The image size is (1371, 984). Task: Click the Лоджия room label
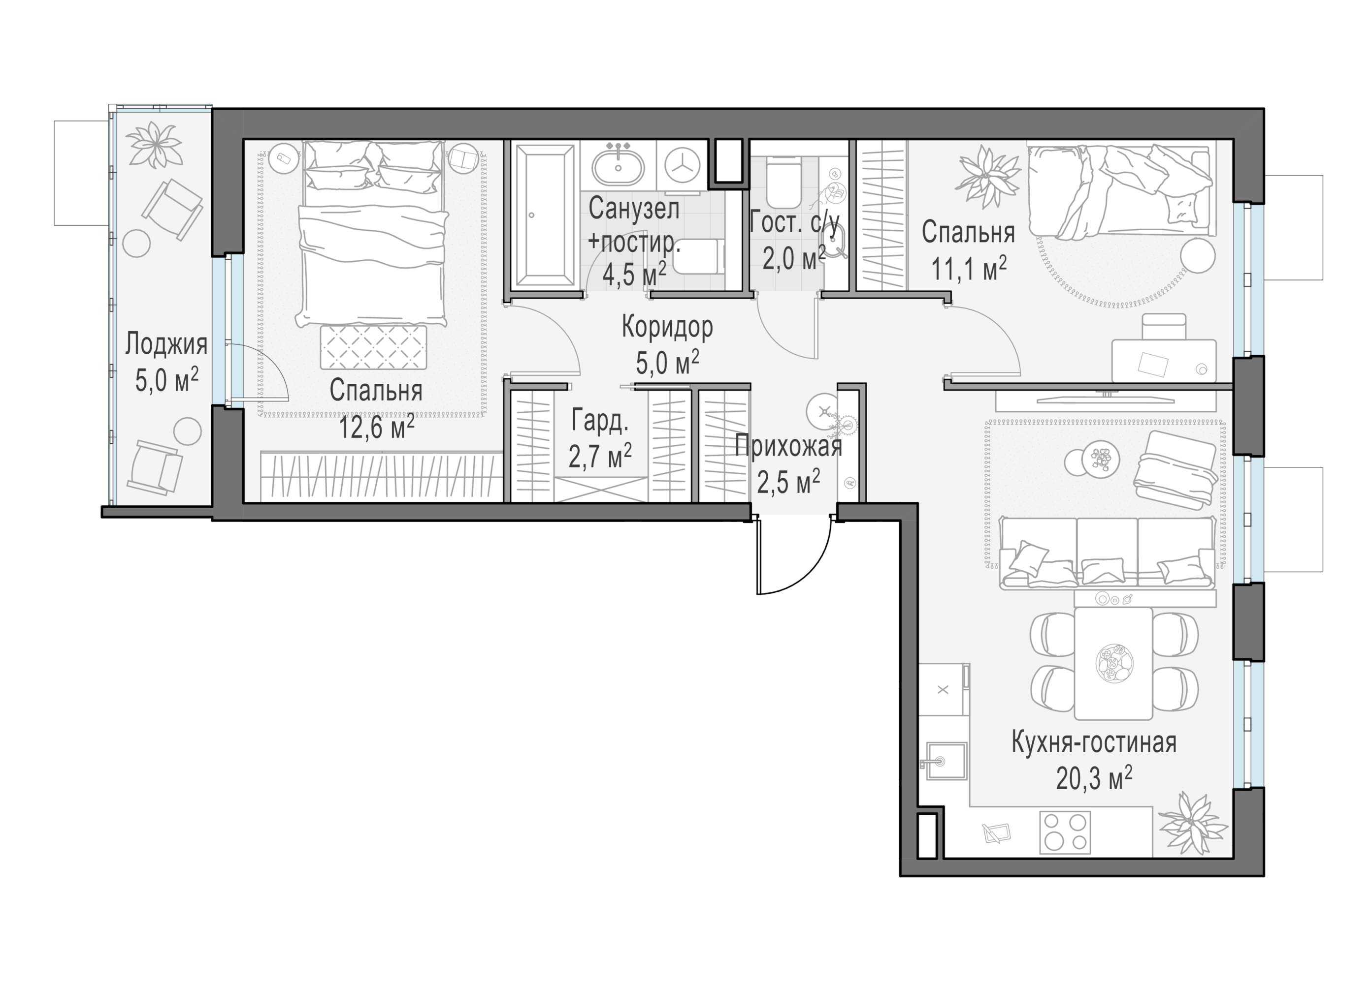(166, 344)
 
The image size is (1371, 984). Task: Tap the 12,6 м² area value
(376, 428)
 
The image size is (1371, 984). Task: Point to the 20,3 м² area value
(1094, 778)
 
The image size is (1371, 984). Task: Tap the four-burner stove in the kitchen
(1065, 832)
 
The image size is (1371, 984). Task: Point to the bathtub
(544, 215)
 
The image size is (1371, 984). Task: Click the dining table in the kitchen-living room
(1113, 663)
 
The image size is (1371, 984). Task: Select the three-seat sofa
(1106, 552)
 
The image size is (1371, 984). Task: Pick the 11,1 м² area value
(968, 268)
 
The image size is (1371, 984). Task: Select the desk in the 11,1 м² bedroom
(1164, 361)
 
